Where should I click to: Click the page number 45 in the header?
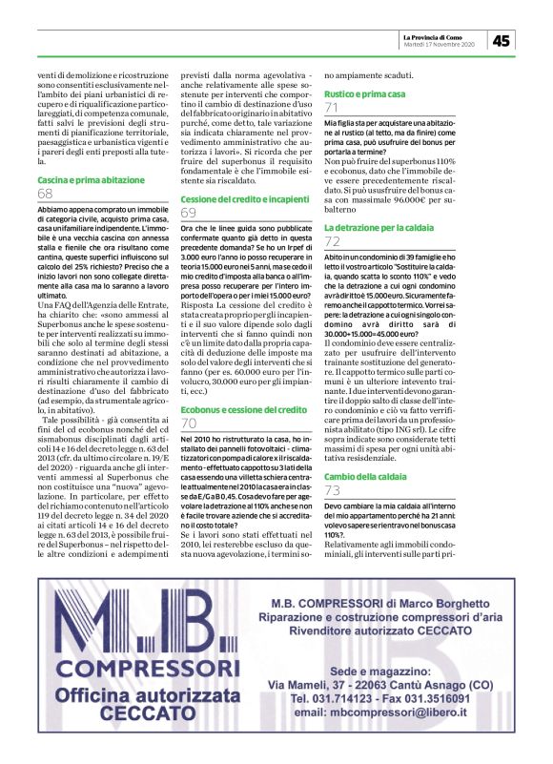(x=502, y=40)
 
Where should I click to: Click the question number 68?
(x=45, y=194)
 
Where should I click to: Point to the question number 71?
(x=332, y=111)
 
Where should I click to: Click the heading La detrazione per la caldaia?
(x=374, y=229)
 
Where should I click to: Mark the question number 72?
(x=332, y=243)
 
